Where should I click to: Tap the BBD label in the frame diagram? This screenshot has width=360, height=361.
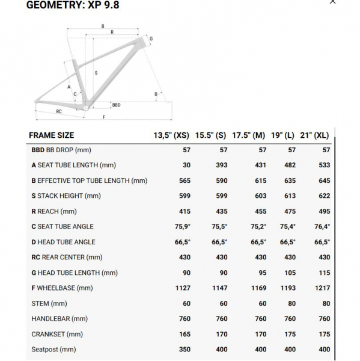[x=116, y=105]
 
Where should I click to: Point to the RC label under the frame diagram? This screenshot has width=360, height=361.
[x=59, y=111]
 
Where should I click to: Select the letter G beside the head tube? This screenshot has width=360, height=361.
[x=151, y=39]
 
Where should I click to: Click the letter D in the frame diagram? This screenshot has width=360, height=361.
[x=156, y=94]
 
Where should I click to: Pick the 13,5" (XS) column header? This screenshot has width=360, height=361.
[x=171, y=135]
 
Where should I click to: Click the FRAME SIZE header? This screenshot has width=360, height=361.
[x=52, y=135]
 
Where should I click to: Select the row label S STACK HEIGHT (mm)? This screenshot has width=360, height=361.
[x=66, y=196]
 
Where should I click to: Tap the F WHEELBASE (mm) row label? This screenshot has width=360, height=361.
[x=62, y=288]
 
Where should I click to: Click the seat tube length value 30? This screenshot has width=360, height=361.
[x=186, y=165]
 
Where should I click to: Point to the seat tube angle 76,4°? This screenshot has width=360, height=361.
[x=322, y=227]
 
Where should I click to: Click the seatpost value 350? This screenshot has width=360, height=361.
[x=184, y=350]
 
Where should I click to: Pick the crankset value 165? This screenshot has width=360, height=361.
[x=184, y=334]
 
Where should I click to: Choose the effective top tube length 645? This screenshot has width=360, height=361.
[x=323, y=180]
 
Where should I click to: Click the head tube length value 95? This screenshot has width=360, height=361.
[x=261, y=273]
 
